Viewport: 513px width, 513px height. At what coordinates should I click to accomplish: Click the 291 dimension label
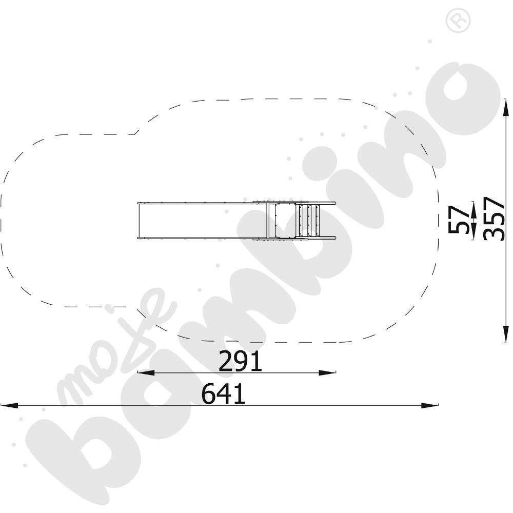(240, 361)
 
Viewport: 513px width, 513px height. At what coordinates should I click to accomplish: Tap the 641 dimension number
(223, 393)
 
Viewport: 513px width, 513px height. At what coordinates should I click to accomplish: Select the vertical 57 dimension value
(458, 219)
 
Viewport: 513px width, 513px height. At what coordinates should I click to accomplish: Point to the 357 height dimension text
(494, 219)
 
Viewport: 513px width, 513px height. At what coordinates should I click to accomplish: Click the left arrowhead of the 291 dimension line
(146, 372)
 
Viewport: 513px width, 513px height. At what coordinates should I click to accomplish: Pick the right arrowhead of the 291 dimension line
(327, 372)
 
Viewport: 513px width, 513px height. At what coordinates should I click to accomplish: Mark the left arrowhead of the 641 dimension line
(9, 406)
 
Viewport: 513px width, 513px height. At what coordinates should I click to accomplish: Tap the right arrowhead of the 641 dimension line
(429, 406)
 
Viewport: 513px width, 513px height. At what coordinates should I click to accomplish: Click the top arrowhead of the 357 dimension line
(506, 107)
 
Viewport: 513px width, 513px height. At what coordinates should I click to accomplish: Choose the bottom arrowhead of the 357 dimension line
(506, 334)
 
